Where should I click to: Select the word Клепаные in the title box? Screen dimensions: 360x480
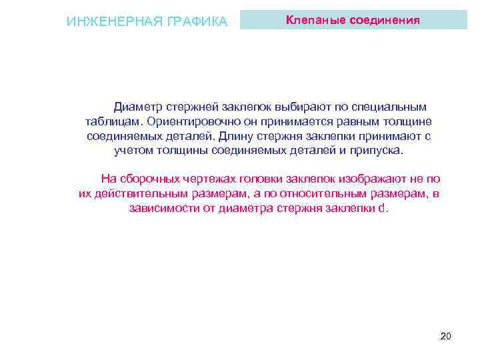[x=311, y=20]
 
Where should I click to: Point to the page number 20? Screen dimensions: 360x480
[x=446, y=336]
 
